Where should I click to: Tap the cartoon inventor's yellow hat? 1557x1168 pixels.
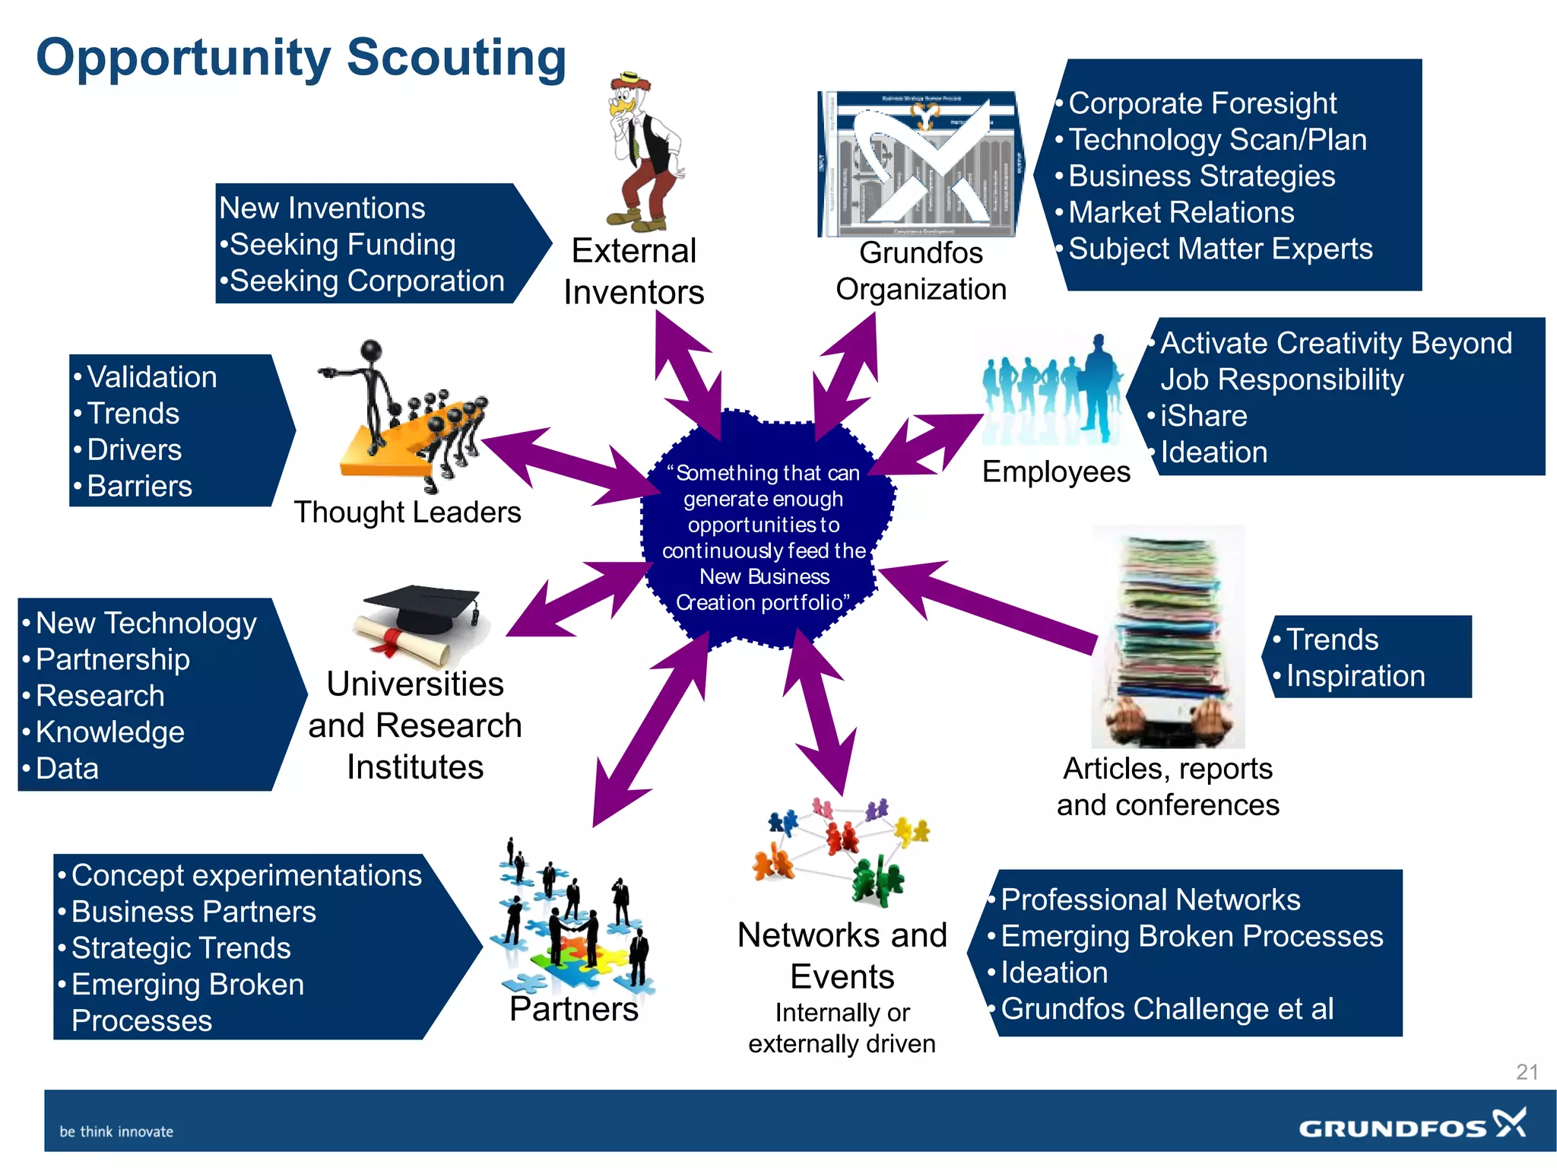630,78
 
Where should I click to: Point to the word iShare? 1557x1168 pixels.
1203,416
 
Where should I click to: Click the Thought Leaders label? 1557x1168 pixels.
407,512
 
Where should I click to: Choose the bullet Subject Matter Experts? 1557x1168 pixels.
1220,249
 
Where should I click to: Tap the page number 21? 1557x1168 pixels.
1527,1072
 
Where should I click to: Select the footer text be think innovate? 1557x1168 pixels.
116,1131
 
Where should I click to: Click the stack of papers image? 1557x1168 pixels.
1168,635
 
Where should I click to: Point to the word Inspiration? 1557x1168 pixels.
1356,676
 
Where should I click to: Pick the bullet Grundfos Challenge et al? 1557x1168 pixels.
1167,1009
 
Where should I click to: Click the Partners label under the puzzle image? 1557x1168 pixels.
574,1009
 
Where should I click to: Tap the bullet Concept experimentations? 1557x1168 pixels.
246,875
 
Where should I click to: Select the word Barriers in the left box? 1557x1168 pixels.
140,486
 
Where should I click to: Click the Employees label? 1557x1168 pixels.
1056,471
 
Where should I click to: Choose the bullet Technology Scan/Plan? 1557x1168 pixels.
1217,140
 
